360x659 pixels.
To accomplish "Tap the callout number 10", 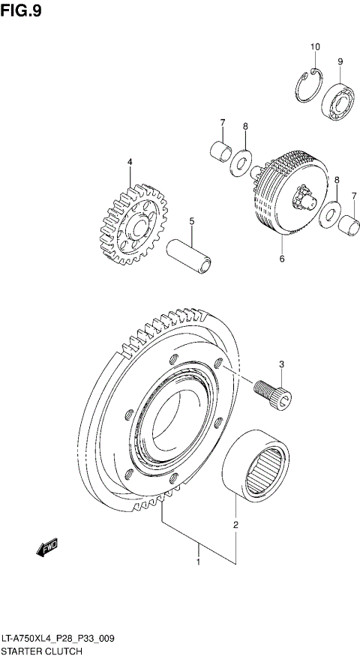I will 315,46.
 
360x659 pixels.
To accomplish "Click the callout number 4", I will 129,162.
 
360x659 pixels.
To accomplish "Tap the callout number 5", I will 191,221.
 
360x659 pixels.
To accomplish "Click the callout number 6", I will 282,259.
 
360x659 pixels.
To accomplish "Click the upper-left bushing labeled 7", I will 220,151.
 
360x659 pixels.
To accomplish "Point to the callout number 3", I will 281,365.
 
